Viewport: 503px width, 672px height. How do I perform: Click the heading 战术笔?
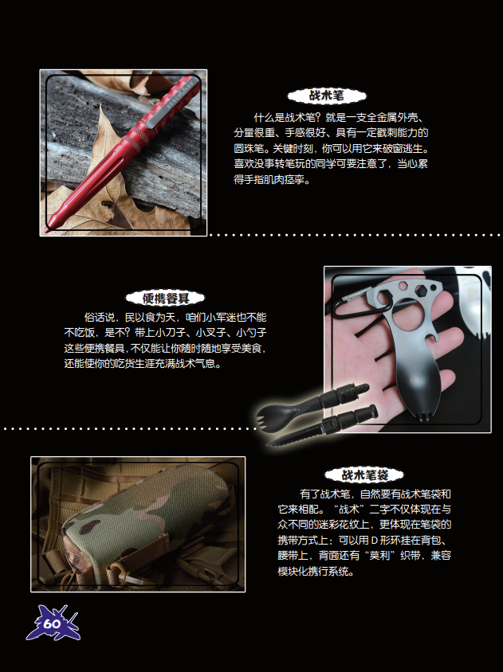click(327, 96)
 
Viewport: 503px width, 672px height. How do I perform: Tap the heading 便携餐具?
click(165, 299)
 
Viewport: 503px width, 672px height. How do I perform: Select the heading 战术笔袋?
click(364, 475)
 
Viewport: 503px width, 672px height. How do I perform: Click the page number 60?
click(52, 623)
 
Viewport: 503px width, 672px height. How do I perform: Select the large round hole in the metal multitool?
click(407, 315)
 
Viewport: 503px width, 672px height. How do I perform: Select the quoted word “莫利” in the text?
click(379, 556)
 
